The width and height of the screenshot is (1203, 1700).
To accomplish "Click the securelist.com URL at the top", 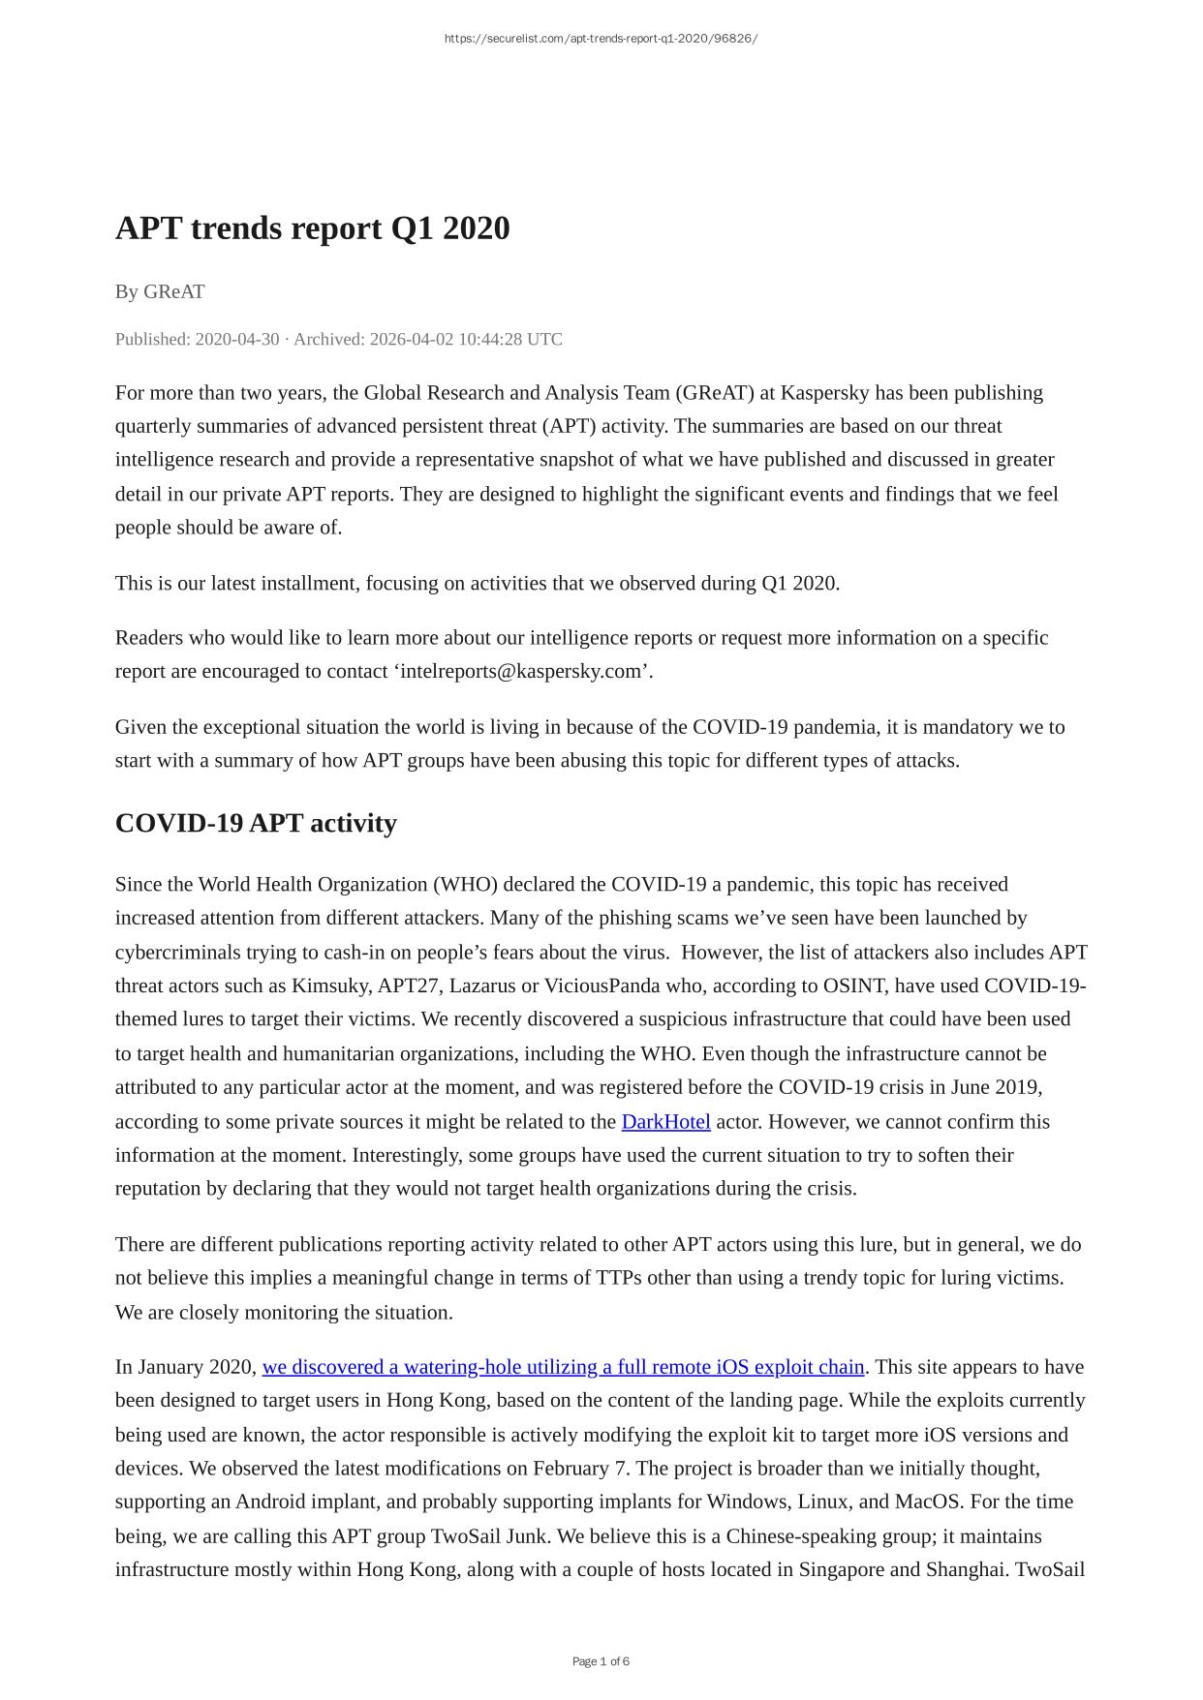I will (601, 39).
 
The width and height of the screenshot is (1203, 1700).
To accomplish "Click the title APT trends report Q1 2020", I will (312, 228).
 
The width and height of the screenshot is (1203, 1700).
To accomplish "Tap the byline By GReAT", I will (160, 291).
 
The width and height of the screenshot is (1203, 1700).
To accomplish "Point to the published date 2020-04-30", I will (236, 339).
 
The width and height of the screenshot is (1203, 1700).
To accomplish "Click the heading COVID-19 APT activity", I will (256, 823).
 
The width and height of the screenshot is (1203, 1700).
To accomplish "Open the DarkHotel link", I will (665, 1121).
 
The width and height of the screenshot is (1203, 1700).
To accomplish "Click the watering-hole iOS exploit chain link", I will (563, 1367).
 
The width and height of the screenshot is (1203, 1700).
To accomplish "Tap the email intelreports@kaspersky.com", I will (522, 671).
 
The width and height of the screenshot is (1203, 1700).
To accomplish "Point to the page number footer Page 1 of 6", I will (601, 1661).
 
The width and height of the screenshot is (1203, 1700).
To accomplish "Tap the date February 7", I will (579, 1468).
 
